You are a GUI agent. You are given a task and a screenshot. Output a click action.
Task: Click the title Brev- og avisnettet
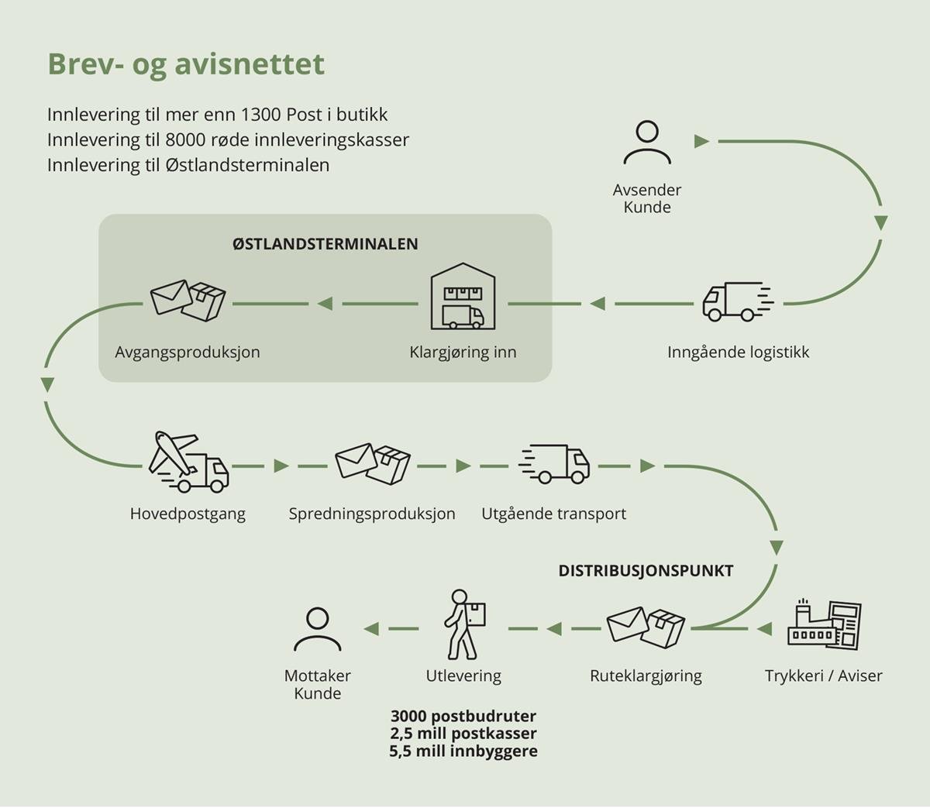coord(186,64)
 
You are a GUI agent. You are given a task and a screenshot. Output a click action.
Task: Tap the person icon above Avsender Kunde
coord(646,143)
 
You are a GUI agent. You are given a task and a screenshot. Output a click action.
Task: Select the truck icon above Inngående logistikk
coord(737,302)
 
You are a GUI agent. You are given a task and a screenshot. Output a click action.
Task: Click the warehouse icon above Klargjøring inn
coord(463,297)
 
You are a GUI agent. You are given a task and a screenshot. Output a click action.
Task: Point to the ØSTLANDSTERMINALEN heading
coord(325,244)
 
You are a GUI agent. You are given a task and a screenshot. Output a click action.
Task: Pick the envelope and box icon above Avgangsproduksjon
coord(188,301)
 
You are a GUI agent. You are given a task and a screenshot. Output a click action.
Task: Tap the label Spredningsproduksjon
coord(372,514)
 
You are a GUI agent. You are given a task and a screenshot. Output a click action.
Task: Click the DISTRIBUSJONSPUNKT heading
coord(646,572)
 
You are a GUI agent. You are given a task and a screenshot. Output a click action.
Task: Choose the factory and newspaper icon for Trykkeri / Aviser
coord(824,624)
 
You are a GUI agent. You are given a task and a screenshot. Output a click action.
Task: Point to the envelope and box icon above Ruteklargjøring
coord(646,627)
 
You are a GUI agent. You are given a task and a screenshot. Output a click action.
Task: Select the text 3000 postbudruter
coord(463,717)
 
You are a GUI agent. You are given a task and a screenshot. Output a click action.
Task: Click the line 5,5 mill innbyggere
coord(463,751)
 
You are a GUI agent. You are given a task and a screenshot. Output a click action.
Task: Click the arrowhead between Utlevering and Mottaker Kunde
coord(372,628)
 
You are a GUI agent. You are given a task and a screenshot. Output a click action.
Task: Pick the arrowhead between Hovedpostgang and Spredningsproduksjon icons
coord(281,466)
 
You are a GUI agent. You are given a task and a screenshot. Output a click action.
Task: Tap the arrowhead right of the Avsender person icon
coord(702,142)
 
